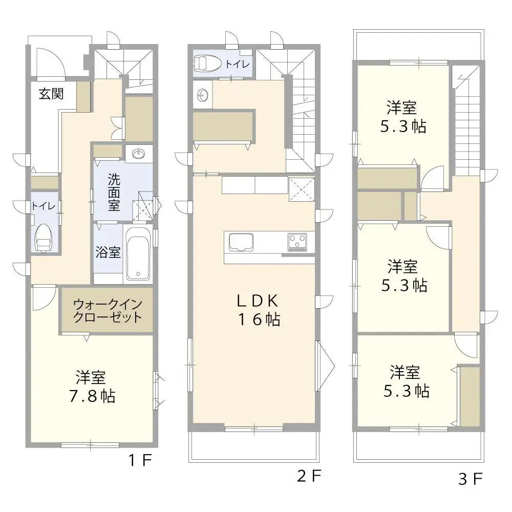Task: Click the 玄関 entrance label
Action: coord(51,94)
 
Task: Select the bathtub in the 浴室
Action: coord(138,254)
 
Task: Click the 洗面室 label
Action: coord(114,193)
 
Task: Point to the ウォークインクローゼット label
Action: coord(108,311)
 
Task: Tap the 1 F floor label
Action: coord(140,460)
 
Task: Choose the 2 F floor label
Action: coord(309,476)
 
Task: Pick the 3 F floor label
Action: coord(471,479)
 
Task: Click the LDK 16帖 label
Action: coord(259,310)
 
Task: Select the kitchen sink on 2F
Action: coord(241,242)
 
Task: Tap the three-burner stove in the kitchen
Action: coord(297,242)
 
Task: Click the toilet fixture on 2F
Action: coord(207,63)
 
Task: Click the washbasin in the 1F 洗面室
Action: coord(139,154)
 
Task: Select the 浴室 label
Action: coord(108,252)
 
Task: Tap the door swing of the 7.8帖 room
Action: coord(44,298)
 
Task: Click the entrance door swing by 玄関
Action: coord(50,63)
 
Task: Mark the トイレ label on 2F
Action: coord(238,63)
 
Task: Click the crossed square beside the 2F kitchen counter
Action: coord(302,189)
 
